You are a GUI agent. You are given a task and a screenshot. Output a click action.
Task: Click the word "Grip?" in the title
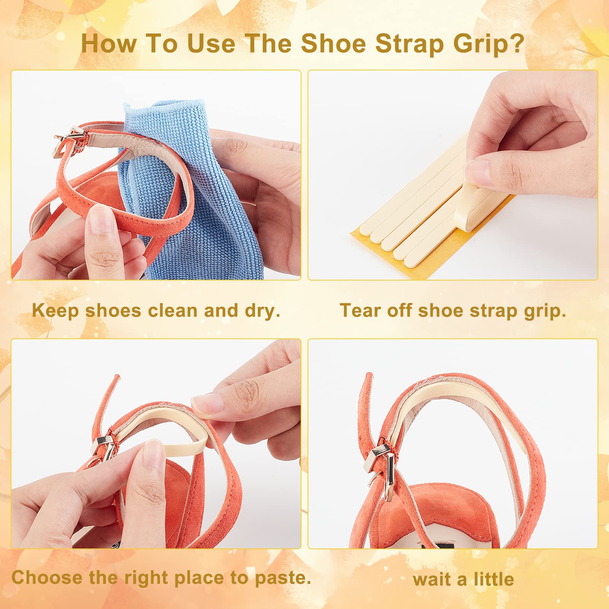[488, 44]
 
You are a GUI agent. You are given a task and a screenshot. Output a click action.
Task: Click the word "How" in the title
[109, 43]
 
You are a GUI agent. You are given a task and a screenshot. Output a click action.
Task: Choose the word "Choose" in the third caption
[47, 577]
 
